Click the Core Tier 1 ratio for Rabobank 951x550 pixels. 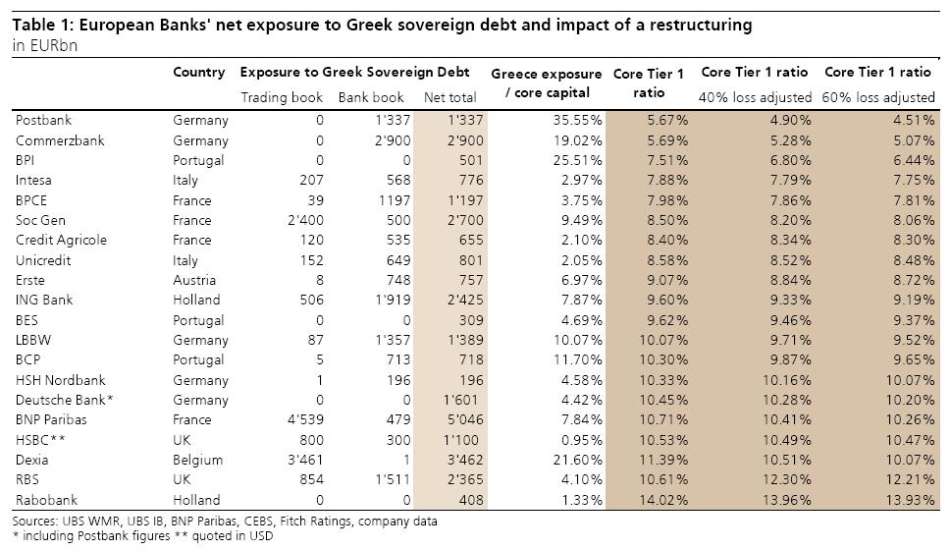[663, 500]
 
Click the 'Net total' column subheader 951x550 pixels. [449, 97]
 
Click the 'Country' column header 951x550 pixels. [198, 72]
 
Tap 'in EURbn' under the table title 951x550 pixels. [44, 46]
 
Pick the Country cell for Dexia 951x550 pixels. [200, 460]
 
